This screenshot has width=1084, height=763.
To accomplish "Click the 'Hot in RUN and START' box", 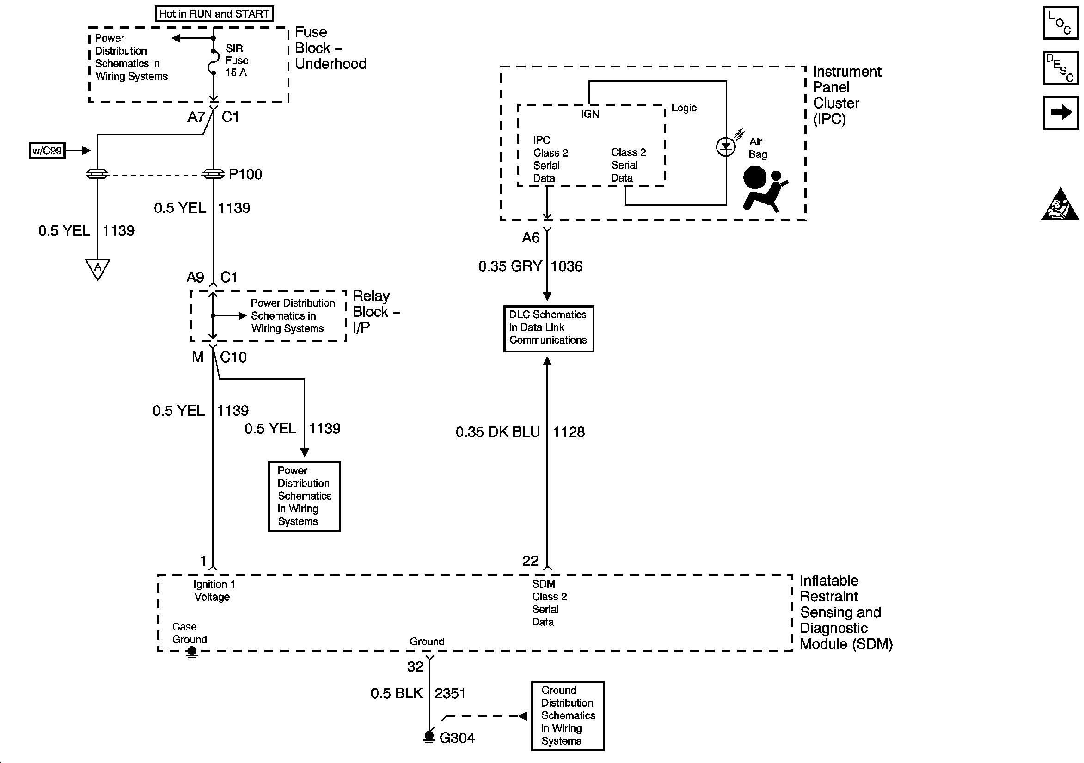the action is click(214, 14).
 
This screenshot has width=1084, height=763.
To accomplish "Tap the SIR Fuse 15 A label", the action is click(237, 61).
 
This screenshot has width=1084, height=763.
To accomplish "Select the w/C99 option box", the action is click(47, 151).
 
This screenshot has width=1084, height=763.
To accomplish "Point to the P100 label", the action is click(245, 174).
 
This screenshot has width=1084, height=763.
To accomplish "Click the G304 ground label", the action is click(457, 738).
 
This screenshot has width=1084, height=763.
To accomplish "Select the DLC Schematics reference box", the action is click(549, 329).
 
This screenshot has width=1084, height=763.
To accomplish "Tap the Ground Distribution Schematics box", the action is click(568, 716).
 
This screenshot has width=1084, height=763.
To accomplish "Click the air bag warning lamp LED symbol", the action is click(726, 147).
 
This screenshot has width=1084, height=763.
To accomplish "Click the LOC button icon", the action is click(1061, 23).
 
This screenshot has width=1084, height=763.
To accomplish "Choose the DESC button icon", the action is click(1061, 68).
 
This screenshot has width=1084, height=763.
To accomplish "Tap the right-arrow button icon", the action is click(1061, 113).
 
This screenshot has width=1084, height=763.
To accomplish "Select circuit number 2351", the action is click(450, 693).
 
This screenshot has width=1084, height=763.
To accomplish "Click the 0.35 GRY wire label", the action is click(510, 266).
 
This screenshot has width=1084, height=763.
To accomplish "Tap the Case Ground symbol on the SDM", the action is click(192, 653).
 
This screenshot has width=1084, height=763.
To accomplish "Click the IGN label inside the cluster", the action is click(590, 114).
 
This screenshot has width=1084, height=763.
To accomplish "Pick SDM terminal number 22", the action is click(530, 561).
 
